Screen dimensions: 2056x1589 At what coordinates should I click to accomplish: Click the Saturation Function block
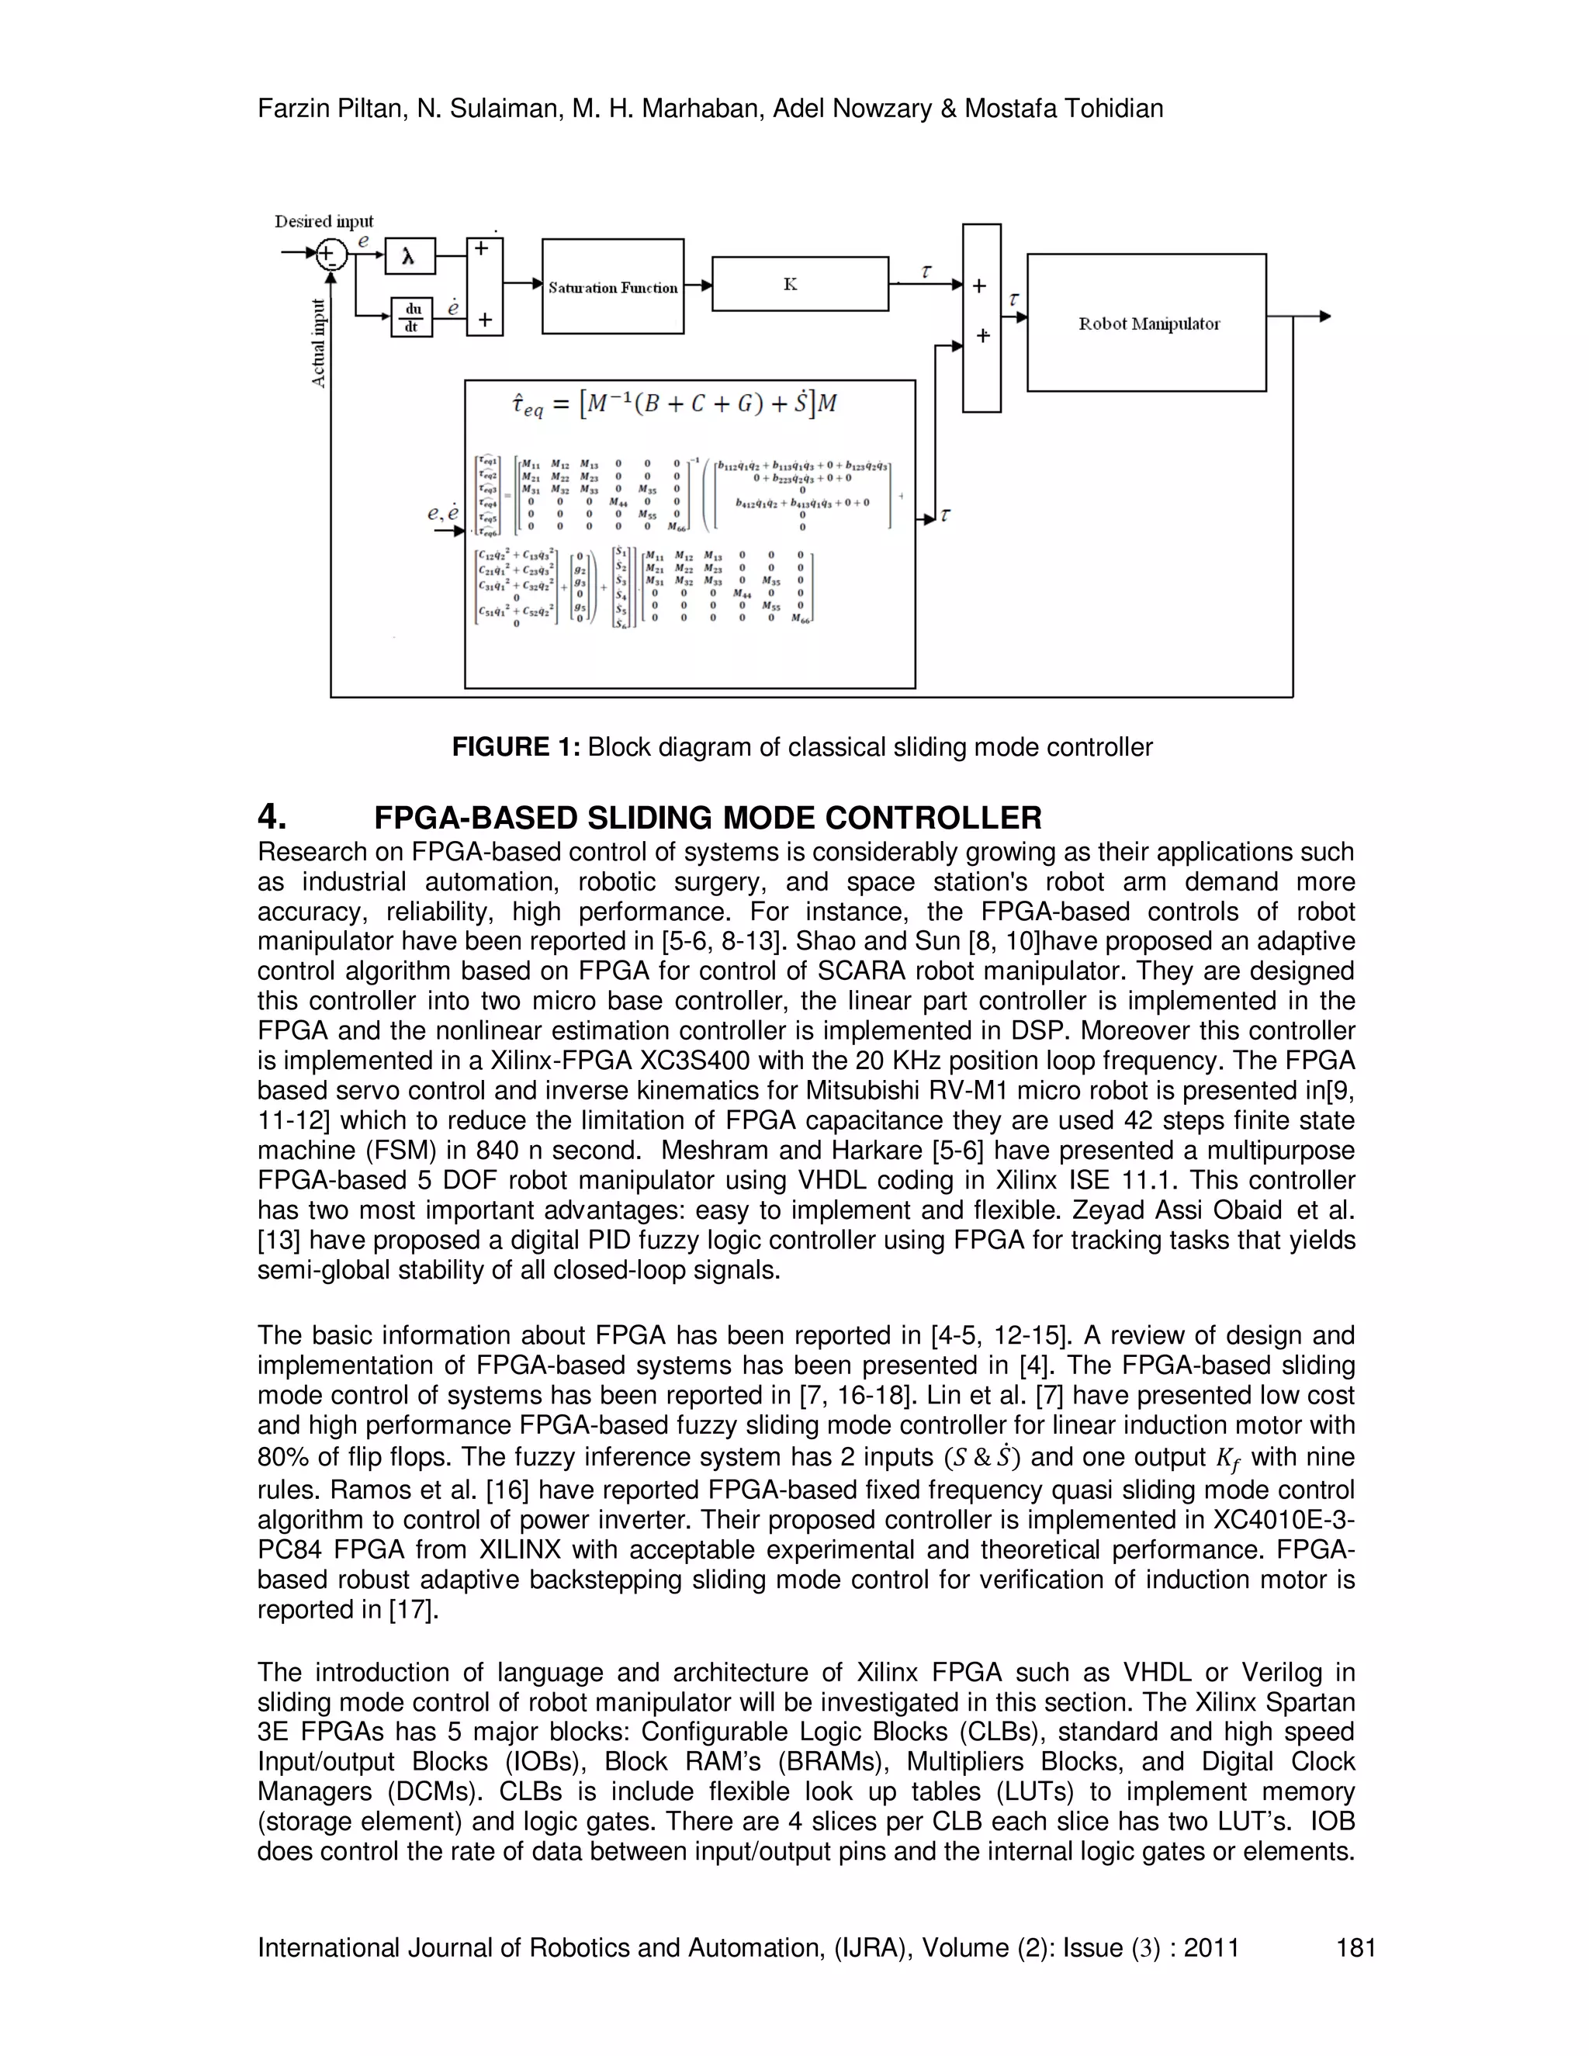[x=613, y=287]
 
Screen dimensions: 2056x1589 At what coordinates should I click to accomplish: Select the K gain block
[x=799, y=283]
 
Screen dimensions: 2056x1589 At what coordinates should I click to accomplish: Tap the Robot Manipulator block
[x=1147, y=323]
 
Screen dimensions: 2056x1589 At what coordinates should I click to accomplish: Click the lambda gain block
[x=410, y=256]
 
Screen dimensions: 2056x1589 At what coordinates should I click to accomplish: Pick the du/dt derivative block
[x=412, y=318]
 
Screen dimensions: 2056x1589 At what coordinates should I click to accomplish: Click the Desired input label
[x=324, y=221]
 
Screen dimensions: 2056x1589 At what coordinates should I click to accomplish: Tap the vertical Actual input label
[x=319, y=344]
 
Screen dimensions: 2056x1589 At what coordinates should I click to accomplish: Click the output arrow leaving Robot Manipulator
[x=1323, y=317]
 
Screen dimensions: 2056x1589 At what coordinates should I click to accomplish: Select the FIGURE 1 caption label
[x=518, y=747]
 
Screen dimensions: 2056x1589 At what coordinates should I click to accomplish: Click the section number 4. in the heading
[x=272, y=816]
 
